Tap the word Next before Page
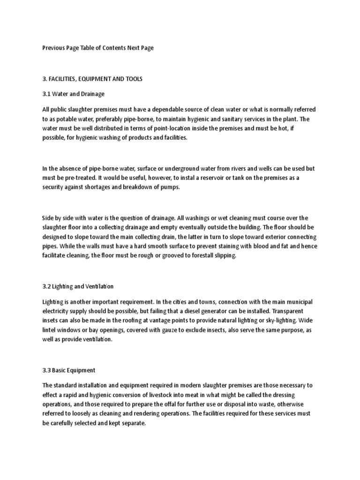point(134,48)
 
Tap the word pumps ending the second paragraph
point(169,187)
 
